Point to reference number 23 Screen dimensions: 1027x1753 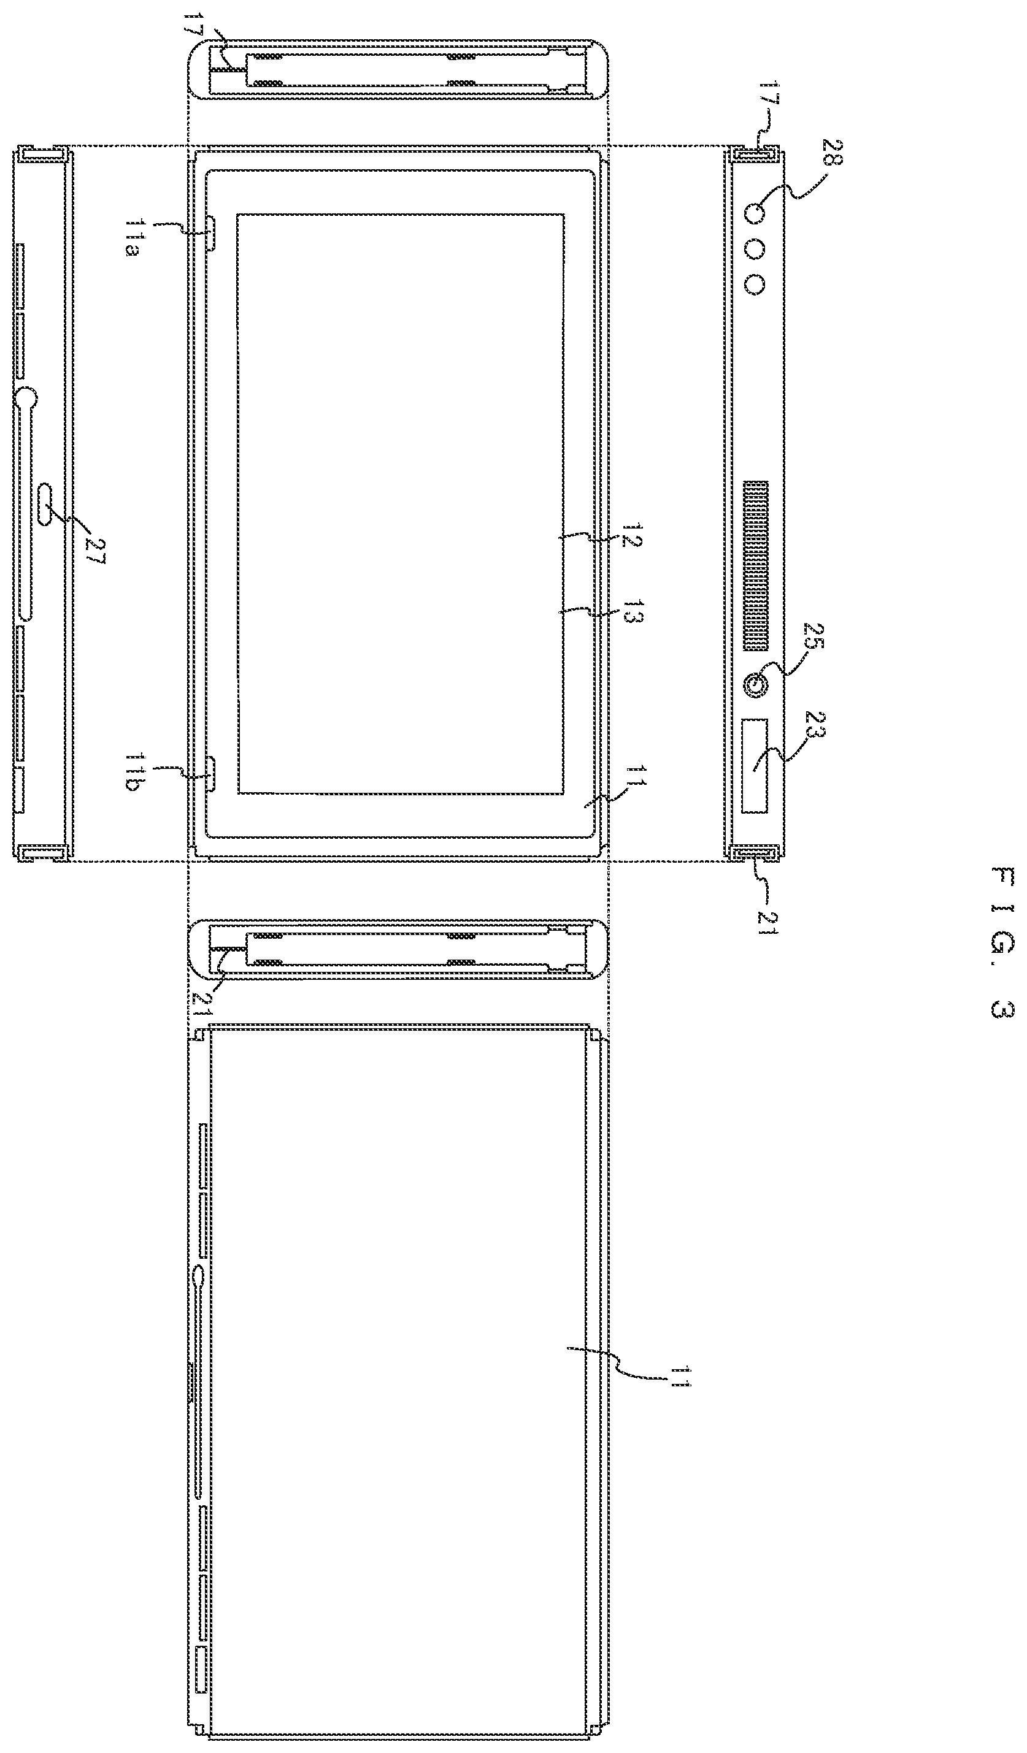tap(816, 725)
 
